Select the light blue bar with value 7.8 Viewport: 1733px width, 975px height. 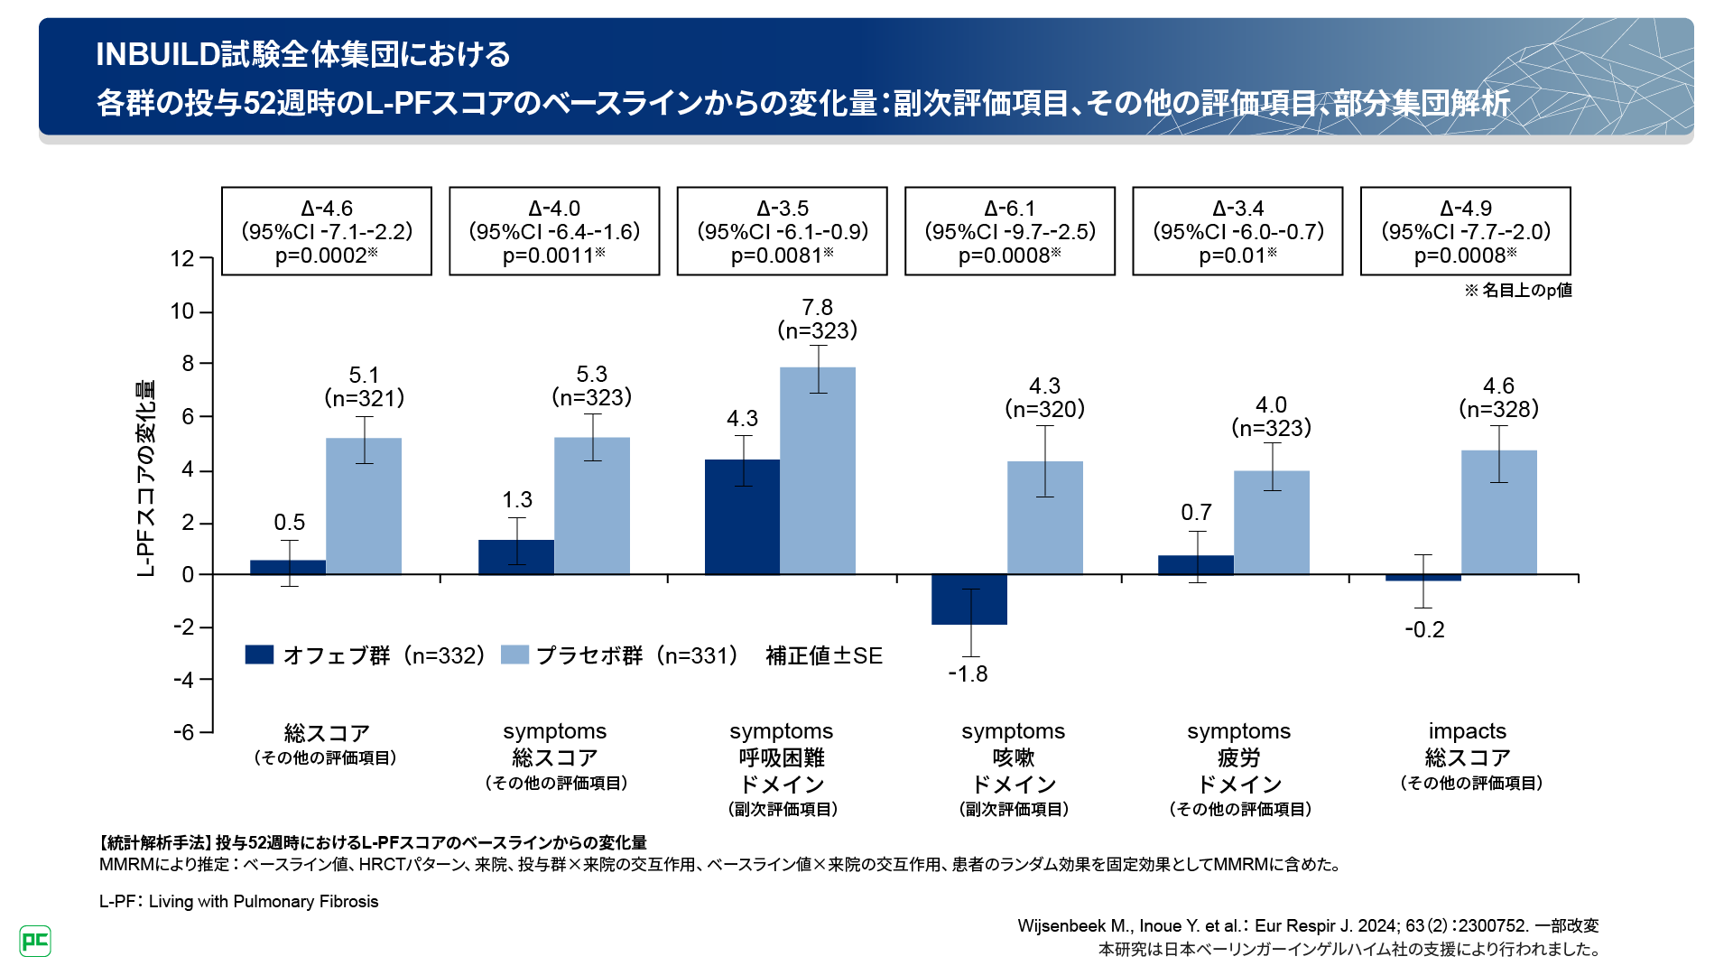pyautogui.click(x=817, y=469)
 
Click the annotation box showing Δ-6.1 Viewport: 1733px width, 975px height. pyautogui.click(x=1009, y=231)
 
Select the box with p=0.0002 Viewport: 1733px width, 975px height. pyautogui.click(x=326, y=231)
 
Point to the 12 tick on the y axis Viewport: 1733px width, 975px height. pyautogui.click(x=182, y=259)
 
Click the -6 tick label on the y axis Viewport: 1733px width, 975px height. pyautogui.click(x=184, y=732)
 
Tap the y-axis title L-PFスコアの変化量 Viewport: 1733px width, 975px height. pyautogui.click(x=145, y=478)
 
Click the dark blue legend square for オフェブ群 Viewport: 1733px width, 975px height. pyautogui.click(x=259, y=655)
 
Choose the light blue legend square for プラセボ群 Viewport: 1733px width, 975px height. pyautogui.click(x=514, y=655)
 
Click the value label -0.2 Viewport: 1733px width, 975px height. pyautogui.click(x=1424, y=630)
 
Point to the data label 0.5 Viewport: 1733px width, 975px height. pyautogui.click(x=289, y=523)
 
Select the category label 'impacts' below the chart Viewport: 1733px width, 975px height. pyautogui.click(x=1467, y=731)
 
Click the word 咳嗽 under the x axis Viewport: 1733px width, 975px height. pyautogui.click(x=1013, y=757)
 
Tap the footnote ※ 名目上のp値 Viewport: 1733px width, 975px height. pyautogui.click(x=1517, y=290)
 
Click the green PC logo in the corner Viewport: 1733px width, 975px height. pyautogui.click(x=35, y=941)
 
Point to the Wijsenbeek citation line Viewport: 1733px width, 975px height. pyautogui.click(x=1308, y=925)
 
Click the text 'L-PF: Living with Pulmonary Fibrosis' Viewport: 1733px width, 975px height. pyautogui.click(x=238, y=901)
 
